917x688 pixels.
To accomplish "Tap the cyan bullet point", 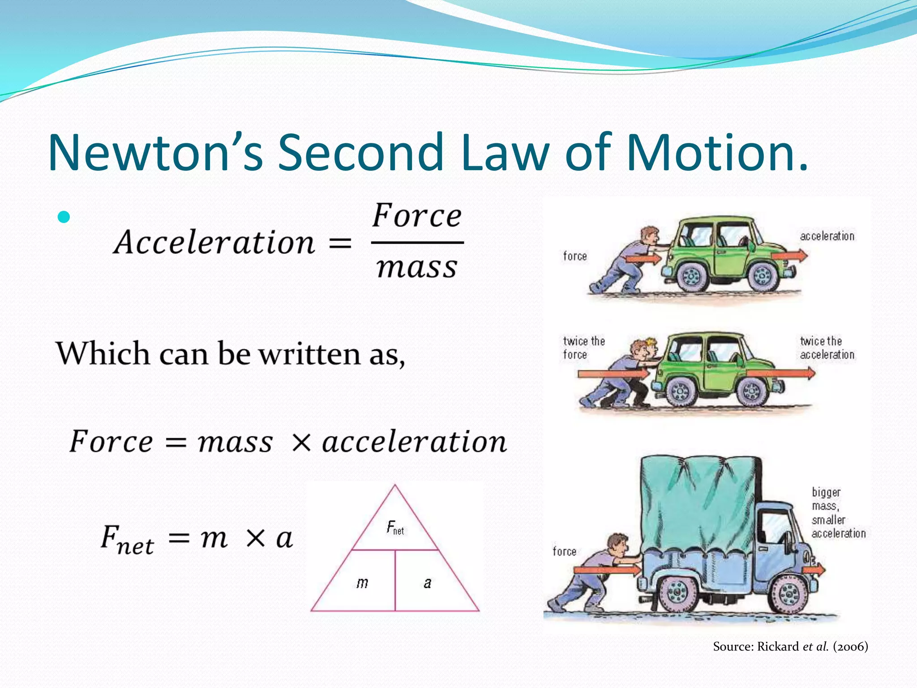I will tap(64, 217).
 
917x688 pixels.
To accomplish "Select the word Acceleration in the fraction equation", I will tap(214, 242).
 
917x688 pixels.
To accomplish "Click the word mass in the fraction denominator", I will tap(417, 267).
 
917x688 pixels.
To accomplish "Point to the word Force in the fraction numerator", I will tap(417, 216).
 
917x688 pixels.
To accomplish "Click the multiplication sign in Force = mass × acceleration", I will tap(301, 443).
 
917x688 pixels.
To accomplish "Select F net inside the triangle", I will tap(395, 528).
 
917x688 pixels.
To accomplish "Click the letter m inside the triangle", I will tap(362, 583).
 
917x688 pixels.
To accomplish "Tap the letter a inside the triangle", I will tap(428, 583).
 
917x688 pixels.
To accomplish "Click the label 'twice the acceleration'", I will tap(827, 348).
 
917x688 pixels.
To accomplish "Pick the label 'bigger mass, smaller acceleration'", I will tap(837, 512).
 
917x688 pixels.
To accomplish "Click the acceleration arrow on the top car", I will tap(790, 256).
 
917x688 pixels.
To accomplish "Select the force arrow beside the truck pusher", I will tap(607, 570).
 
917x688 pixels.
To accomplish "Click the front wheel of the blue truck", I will tap(788, 593).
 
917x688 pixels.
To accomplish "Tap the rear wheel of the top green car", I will tap(692, 275).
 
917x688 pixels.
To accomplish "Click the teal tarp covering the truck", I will tap(698, 502).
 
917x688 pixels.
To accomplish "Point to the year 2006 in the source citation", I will tap(850, 646).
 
